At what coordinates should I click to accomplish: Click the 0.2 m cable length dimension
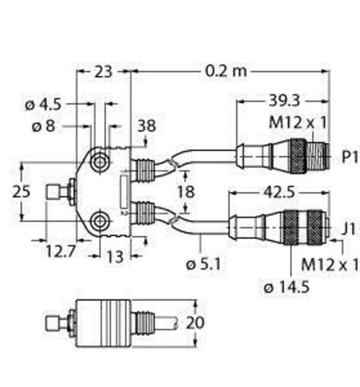tap(226, 71)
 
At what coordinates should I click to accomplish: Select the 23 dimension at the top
tap(104, 72)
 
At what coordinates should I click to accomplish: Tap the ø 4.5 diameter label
tap(43, 104)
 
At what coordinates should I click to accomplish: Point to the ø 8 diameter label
tap(43, 126)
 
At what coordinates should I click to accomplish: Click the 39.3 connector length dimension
tap(284, 101)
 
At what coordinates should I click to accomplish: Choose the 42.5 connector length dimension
tap(279, 193)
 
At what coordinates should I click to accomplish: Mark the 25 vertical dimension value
tap(22, 192)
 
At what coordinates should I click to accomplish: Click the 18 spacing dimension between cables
tap(186, 192)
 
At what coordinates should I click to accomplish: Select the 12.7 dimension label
tap(61, 251)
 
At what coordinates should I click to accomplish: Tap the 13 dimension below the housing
tap(115, 256)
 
